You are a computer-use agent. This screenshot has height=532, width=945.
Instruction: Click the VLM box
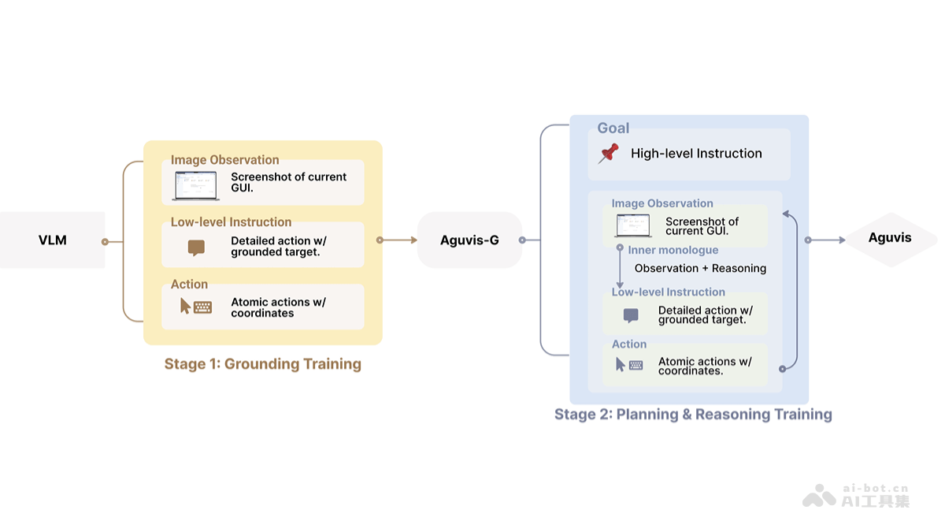[x=53, y=240]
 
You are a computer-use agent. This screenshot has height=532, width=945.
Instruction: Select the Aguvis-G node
[x=469, y=240]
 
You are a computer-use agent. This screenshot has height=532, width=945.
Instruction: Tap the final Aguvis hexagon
[x=890, y=238]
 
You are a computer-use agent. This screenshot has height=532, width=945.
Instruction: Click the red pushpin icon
[x=609, y=154]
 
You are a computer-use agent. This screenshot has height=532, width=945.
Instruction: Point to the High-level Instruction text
[x=696, y=154]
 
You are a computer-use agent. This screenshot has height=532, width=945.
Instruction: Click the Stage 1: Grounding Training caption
[x=262, y=364]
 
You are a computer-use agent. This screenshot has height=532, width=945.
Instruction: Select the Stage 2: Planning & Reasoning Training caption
[x=693, y=415]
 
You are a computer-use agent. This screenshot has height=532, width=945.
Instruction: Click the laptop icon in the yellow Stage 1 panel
[x=195, y=185]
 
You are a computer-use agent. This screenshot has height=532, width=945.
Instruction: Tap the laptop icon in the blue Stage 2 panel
[x=633, y=226]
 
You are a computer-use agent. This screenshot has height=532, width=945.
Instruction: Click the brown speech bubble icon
[x=196, y=247]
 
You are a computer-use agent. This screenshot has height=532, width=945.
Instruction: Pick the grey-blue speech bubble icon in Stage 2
[x=631, y=315]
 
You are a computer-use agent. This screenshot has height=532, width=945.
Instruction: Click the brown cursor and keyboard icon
[x=196, y=307]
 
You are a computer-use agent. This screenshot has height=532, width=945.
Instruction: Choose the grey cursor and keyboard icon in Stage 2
[x=629, y=365]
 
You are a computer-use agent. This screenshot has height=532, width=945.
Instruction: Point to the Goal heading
[x=613, y=128]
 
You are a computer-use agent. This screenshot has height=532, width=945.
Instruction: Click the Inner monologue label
[x=673, y=251]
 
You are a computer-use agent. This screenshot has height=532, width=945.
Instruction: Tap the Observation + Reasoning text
[x=700, y=269]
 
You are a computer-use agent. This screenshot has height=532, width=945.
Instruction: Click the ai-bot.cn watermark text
[x=875, y=489]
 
